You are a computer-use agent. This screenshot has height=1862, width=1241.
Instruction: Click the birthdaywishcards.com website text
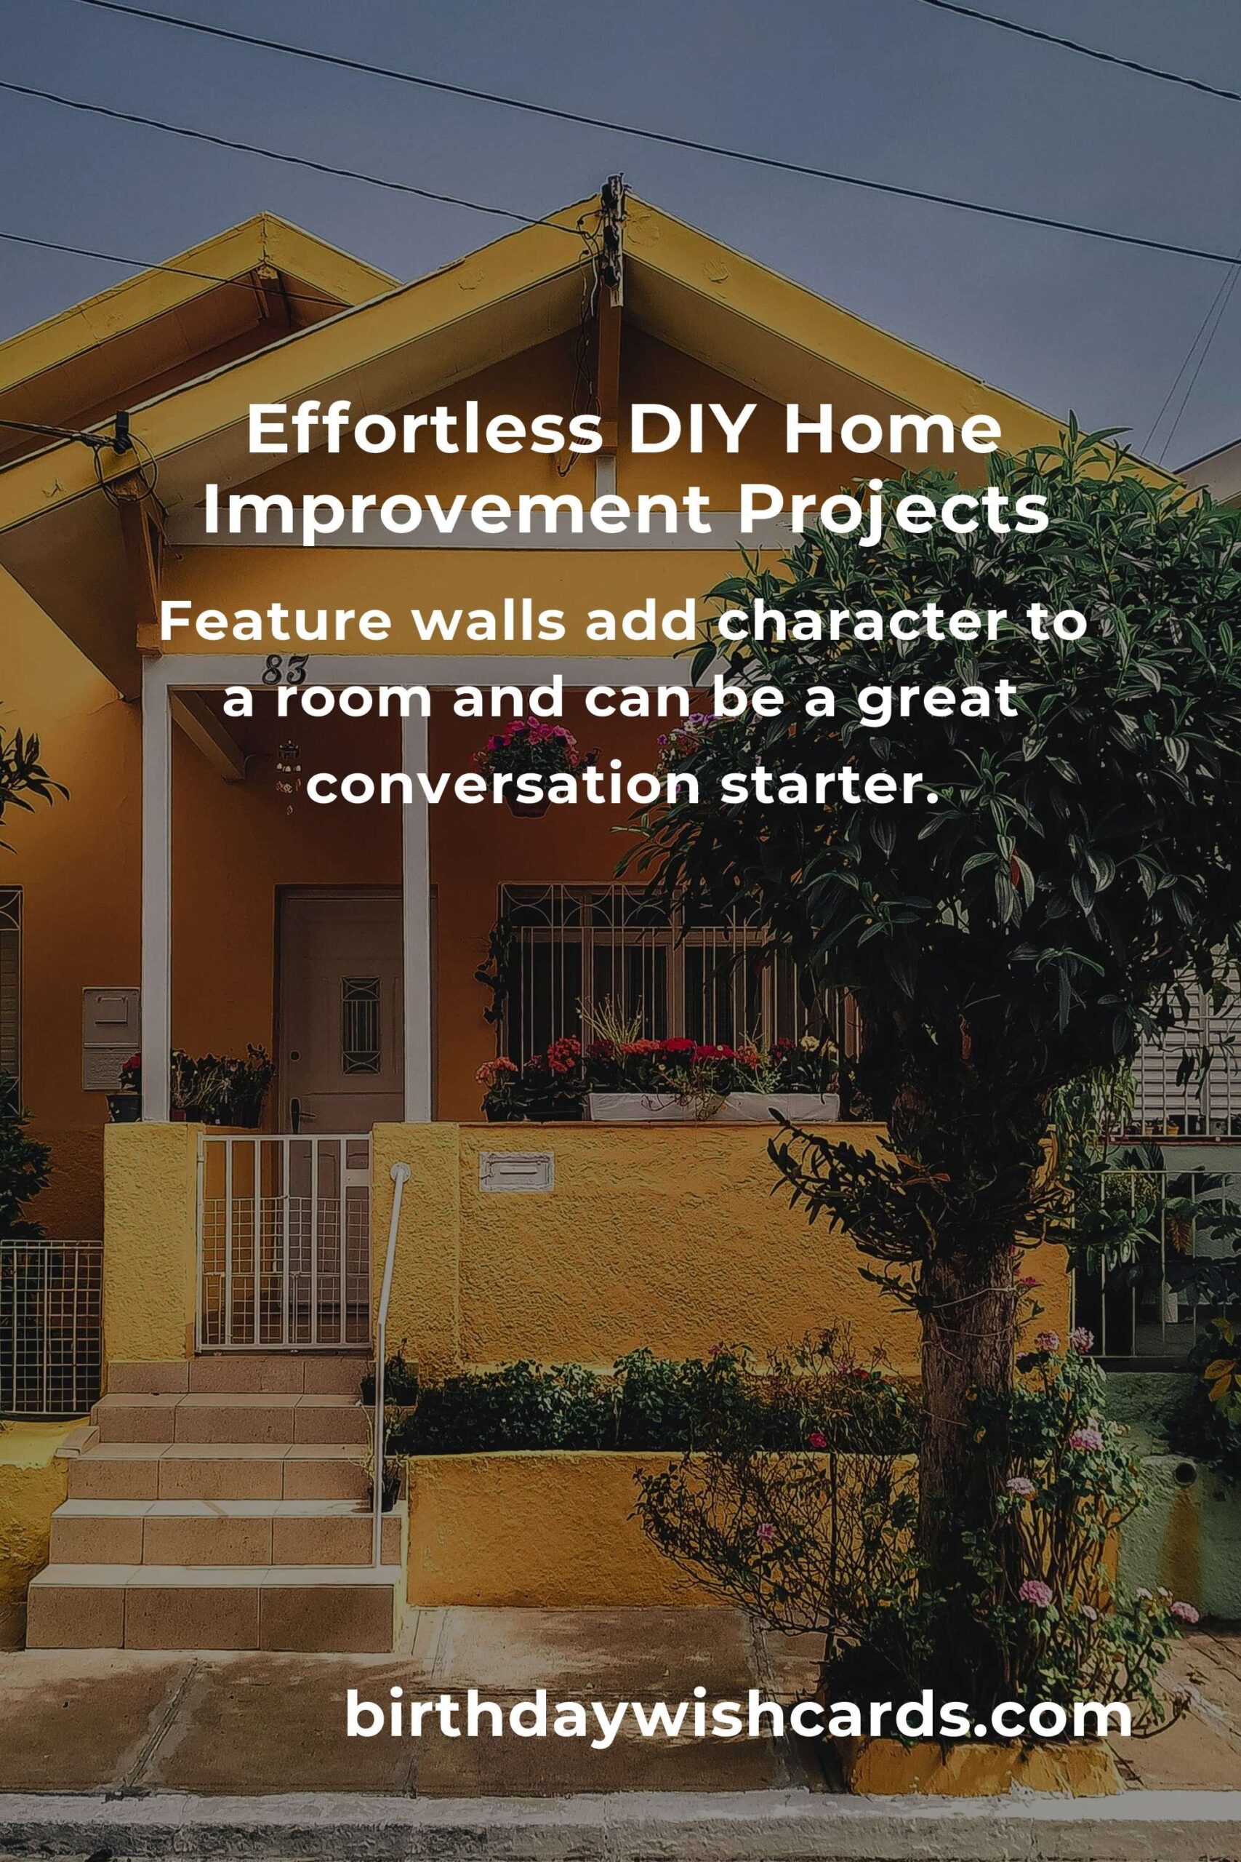coord(739,1714)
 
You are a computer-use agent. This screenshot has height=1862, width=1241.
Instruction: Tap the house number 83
coord(284,670)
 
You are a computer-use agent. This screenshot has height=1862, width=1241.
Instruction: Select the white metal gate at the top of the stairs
coord(284,1242)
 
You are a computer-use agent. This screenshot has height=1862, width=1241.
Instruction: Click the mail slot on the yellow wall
coord(516,1172)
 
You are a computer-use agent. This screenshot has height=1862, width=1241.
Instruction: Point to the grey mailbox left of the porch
coord(111,1038)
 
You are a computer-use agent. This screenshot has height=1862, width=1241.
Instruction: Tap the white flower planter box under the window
coord(712,1107)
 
